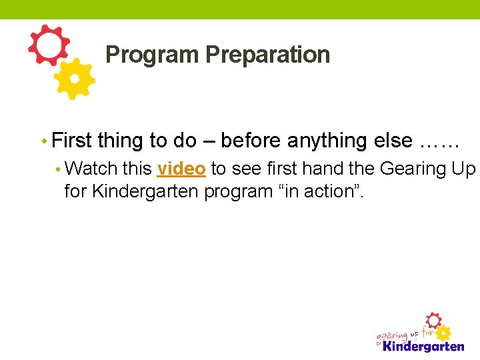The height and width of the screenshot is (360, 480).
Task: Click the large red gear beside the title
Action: click(48, 45)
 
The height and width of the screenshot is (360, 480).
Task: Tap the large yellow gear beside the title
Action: click(74, 79)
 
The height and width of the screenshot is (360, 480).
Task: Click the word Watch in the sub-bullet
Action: click(93, 169)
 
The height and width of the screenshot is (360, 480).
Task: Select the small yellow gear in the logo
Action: click(443, 333)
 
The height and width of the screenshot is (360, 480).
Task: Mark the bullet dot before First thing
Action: click(43, 141)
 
